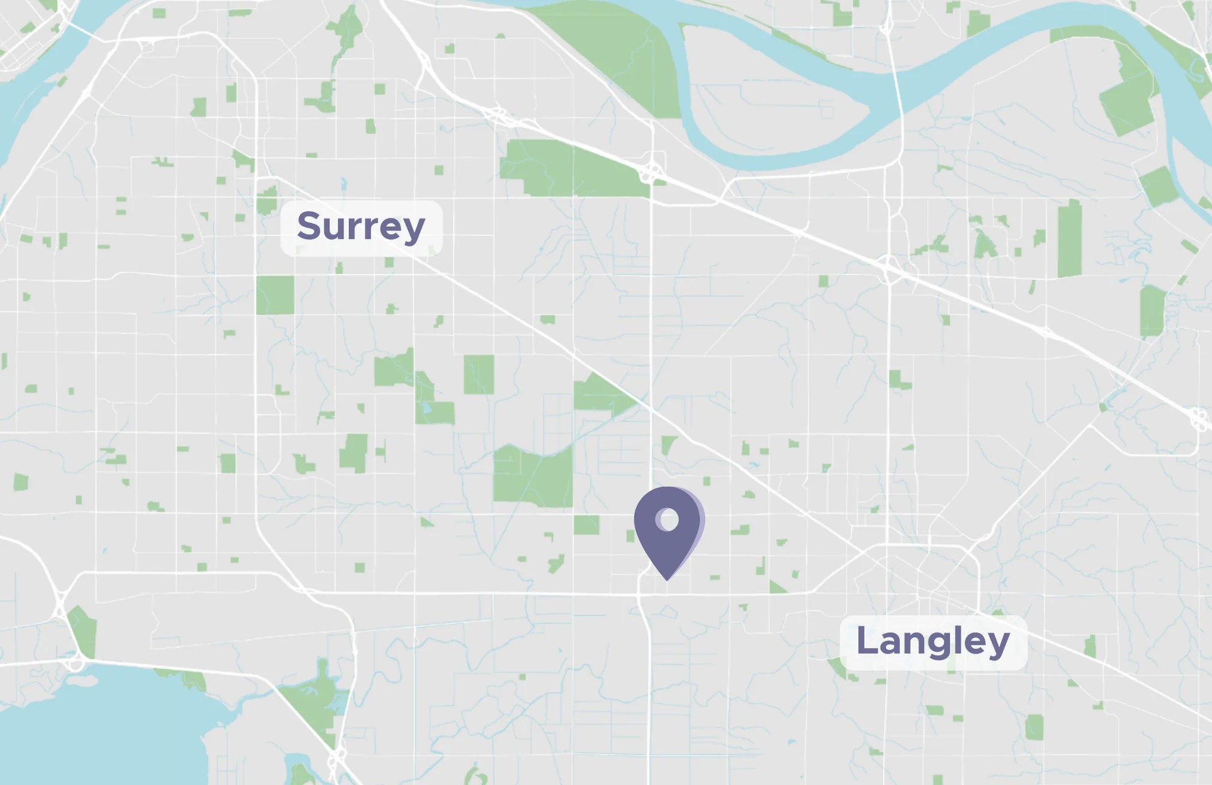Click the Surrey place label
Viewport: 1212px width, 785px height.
(x=362, y=228)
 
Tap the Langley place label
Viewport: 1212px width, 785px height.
(x=933, y=642)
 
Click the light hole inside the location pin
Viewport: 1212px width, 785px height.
(x=668, y=519)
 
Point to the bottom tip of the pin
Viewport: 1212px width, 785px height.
(x=667, y=579)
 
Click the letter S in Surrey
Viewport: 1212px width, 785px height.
(x=310, y=226)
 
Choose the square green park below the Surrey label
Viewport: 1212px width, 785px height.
(x=275, y=295)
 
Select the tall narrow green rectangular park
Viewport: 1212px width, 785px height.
(x=1069, y=239)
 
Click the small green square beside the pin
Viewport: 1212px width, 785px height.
(x=587, y=525)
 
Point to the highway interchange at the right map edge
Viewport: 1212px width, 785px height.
(x=1199, y=419)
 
